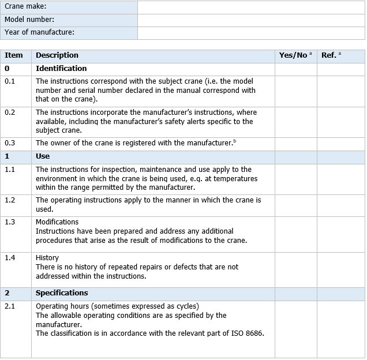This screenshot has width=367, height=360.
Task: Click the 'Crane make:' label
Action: [25, 6]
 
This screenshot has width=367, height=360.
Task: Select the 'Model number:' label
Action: [29, 19]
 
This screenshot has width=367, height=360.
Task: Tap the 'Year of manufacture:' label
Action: [40, 32]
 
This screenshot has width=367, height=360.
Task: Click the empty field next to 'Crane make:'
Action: [251, 7]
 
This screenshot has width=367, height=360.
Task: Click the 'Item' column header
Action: [14, 55]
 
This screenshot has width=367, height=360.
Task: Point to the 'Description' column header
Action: [57, 55]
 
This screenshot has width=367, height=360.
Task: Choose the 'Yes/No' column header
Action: [294, 55]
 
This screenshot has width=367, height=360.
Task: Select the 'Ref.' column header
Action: [329, 55]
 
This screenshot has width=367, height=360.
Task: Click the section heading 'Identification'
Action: [61, 69]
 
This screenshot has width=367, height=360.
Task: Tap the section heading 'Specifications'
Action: [62, 293]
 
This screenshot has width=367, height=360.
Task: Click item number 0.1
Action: [10, 81]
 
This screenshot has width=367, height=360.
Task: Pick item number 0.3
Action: [10, 142]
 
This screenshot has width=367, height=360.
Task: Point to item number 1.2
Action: [10, 200]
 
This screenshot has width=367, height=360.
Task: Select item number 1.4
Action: [10, 258]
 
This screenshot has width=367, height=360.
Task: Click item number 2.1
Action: [10, 306]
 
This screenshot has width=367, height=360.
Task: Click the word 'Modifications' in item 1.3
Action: [57, 222]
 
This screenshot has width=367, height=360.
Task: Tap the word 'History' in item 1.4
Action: [47, 258]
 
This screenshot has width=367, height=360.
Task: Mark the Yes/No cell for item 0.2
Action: [295, 121]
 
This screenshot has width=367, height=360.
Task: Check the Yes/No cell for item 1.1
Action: [295, 178]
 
